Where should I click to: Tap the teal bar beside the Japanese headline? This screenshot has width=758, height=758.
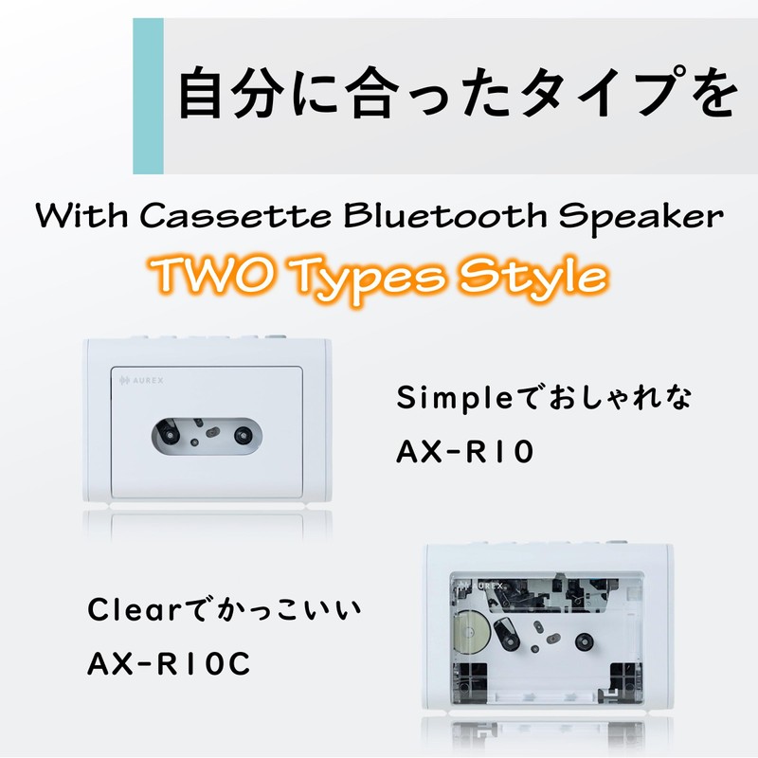[148, 96]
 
